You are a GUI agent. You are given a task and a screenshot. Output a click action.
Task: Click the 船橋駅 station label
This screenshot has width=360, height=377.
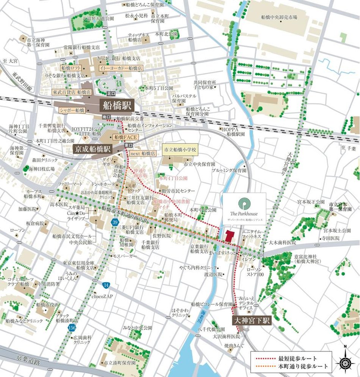click(116, 105)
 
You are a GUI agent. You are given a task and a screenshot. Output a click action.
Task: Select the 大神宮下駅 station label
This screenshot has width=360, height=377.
click(251, 320)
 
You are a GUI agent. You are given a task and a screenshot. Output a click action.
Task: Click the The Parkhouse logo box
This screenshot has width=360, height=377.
click(245, 209)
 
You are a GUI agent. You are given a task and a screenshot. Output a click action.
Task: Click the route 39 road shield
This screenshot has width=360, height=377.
click(114, 221)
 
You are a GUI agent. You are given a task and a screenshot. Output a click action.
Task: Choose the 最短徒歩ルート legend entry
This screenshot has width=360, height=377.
click(291, 358)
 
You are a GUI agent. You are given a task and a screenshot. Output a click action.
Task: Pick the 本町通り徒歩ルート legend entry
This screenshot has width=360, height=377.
click(291, 367)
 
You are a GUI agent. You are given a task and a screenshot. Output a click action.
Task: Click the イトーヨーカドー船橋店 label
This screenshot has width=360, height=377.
click(120, 68)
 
